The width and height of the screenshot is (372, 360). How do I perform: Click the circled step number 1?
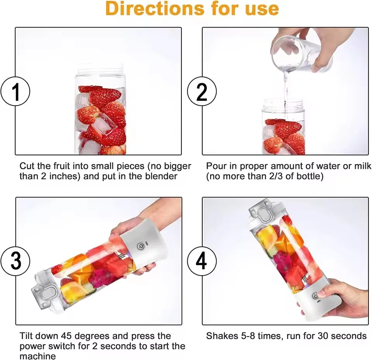coord(15,91)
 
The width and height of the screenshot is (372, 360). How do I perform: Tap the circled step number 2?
coord(202,91)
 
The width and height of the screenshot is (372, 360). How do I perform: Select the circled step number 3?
coord(15,261)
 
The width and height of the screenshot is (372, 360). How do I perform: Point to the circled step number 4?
coord(202,261)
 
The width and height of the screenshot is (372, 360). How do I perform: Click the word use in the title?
coord(262,9)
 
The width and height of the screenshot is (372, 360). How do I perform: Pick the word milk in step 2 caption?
coord(362,166)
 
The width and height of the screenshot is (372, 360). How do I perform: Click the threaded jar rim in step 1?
coord(100,72)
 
